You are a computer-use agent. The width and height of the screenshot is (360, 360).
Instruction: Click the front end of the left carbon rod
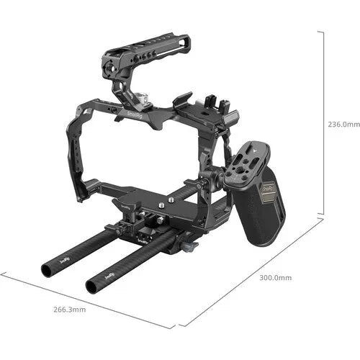[47, 269]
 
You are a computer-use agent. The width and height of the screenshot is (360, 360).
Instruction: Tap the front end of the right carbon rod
[91, 286]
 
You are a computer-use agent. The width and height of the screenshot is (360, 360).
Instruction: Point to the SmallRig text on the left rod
[65, 258]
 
